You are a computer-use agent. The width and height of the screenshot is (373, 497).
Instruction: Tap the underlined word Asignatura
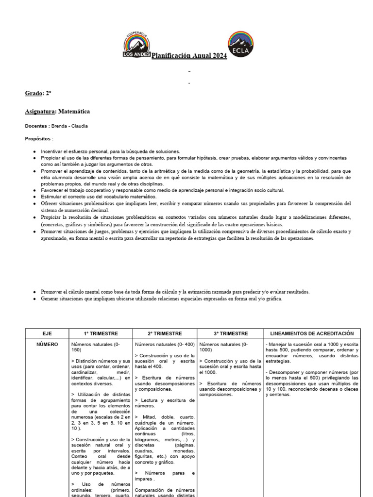coord(40,111)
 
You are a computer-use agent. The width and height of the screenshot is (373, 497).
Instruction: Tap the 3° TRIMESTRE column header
coord(230,333)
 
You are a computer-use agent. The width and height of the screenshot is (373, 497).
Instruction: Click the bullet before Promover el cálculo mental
coord(34,292)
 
